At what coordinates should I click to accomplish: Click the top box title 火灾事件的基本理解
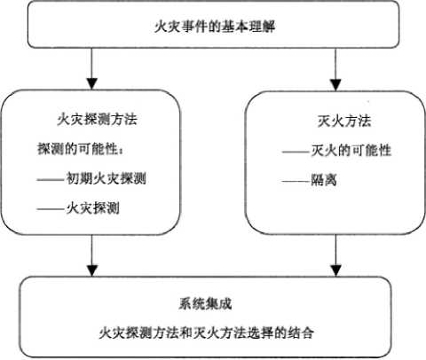coord(215,27)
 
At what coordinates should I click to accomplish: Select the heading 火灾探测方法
coord(97,120)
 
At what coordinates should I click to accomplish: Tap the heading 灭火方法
coord(344,121)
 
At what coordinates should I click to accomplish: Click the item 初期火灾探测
coord(106,178)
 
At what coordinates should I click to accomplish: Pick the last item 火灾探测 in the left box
coord(92,208)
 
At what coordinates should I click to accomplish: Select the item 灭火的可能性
coord(351,151)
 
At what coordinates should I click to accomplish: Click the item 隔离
coord(324,180)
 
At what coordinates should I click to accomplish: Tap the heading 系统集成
coord(205,304)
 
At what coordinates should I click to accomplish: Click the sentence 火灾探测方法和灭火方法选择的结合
coord(206,333)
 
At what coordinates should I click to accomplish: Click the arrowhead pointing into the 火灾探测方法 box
coord(92,84)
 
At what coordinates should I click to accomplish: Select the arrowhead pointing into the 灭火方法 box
coord(335,85)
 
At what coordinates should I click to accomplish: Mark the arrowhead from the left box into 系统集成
coord(92,270)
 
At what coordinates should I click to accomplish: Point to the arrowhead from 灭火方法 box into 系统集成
coord(335,270)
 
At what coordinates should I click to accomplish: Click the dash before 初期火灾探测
coord(51,179)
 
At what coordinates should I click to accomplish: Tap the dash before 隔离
coord(296,181)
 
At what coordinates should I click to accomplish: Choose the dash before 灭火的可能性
coord(296,152)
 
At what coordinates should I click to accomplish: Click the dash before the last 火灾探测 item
coord(51,209)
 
